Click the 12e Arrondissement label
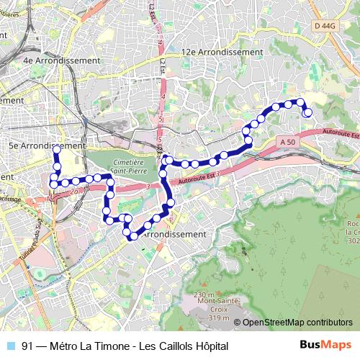[x=222, y=52]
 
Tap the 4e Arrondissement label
[x=61, y=60]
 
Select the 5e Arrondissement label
[x=45, y=145]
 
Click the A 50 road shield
[x=288, y=143]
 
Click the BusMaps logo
[x=326, y=346]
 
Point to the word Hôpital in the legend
[x=210, y=346]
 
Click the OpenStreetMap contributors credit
[x=297, y=323]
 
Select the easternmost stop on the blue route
[x=307, y=112]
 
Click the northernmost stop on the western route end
[x=56, y=149]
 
